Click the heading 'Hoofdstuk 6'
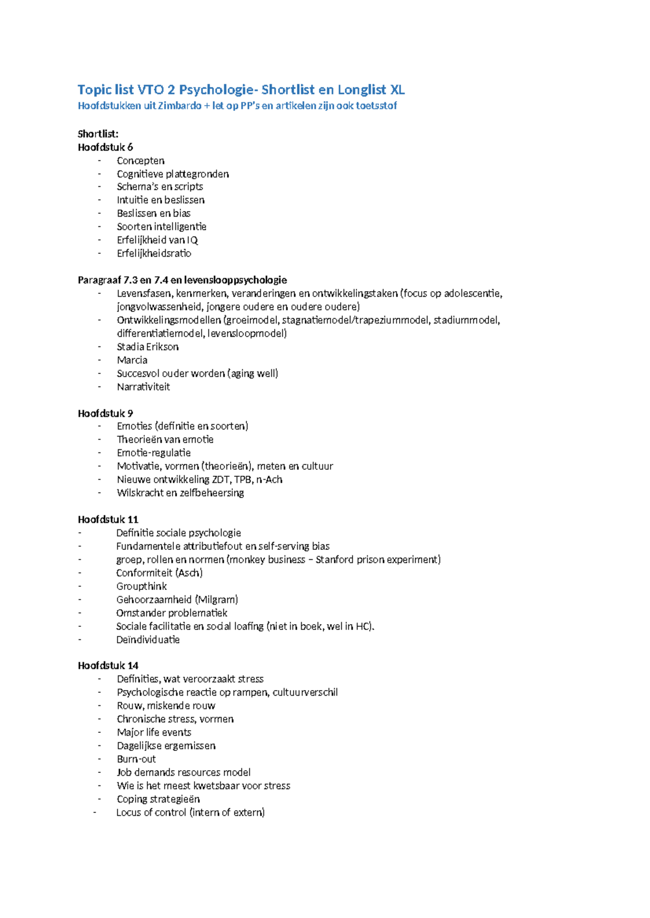[105, 147]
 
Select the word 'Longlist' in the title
[362, 89]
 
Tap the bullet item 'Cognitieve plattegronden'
[172, 174]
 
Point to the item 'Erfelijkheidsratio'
[154, 253]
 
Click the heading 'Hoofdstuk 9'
[105, 414]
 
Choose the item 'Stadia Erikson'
[147, 346]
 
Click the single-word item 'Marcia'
[132, 360]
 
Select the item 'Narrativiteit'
[143, 386]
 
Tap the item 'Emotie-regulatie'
[153, 453]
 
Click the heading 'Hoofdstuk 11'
[108, 520]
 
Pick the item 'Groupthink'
[141, 586]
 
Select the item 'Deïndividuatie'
[147, 639]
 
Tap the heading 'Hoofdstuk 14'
[108, 665]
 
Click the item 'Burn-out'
[136, 759]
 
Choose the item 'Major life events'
[154, 732]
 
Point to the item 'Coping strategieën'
[158, 799]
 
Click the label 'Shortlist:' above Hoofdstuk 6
[98, 134]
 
